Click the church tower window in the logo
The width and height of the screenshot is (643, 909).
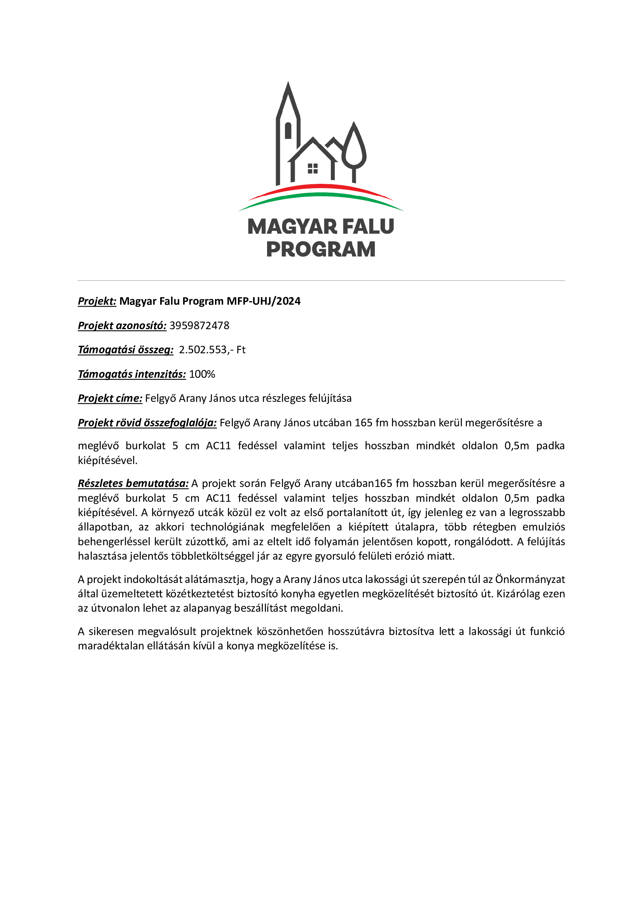tap(288, 131)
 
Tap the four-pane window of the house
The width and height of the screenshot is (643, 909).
tap(313, 169)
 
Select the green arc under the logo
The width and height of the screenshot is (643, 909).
tap(321, 195)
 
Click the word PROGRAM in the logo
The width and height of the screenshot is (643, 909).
tap(321, 249)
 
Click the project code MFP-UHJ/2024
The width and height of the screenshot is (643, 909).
tap(263, 301)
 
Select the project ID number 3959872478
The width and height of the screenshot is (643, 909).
tap(199, 325)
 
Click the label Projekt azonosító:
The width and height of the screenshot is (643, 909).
tap(122, 325)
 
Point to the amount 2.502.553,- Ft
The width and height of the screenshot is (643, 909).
tap(212, 350)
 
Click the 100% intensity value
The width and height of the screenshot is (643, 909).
tap(202, 374)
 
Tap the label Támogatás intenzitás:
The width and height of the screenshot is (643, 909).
tap(132, 374)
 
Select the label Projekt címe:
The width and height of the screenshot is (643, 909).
tap(110, 398)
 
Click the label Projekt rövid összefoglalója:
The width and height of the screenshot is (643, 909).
tap(147, 423)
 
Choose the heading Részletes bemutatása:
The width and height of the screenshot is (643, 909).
tap(133, 483)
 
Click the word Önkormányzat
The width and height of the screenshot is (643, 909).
tap(530, 579)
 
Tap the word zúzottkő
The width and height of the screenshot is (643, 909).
tap(207, 542)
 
